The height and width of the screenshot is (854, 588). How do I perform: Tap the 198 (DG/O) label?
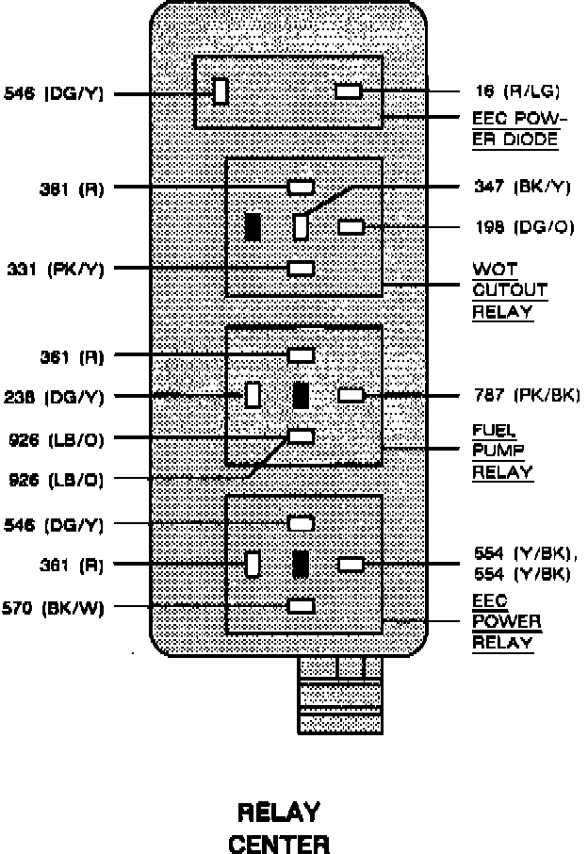pyautogui.click(x=523, y=227)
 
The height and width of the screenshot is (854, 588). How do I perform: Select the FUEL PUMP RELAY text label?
pyautogui.click(x=501, y=452)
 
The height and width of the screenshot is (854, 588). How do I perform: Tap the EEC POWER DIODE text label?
pyautogui.click(x=516, y=130)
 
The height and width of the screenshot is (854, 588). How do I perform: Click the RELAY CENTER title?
pyautogui.click(x=280, y=827)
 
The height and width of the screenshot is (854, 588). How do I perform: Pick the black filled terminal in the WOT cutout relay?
pyautogui.click(x=253, y=227)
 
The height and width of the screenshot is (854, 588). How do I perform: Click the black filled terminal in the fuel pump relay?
pyautogui.click(x=302, y=395)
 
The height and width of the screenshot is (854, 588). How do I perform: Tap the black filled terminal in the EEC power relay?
pyautogui.click(x=302, y=564)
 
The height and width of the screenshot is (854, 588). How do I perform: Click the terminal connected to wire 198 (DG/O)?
pyautogui.click(x=351, y=227)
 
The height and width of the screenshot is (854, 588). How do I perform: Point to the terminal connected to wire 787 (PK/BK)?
pyautogui.click(x=351, y=395)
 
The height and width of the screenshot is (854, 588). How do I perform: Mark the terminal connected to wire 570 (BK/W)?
pyautogui.click(x=302, y=606)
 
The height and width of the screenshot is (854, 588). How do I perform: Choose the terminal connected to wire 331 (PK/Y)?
pyautogui.click(x=302, y=269)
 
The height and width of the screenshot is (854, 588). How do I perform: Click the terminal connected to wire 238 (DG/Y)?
pyautogui.click(x=253, y=394)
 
